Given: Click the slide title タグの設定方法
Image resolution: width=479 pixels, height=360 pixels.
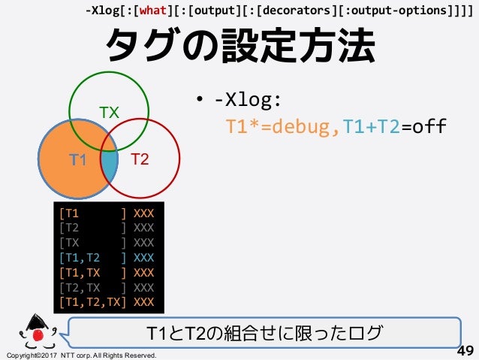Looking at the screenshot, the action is tap(239, 47).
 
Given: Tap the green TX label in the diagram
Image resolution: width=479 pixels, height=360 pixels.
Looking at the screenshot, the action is tap(110, 113).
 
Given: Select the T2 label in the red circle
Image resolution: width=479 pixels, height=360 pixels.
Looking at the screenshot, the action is tap(140, 159).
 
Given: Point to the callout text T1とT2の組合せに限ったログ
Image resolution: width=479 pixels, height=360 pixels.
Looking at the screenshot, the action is tap(264, 331).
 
